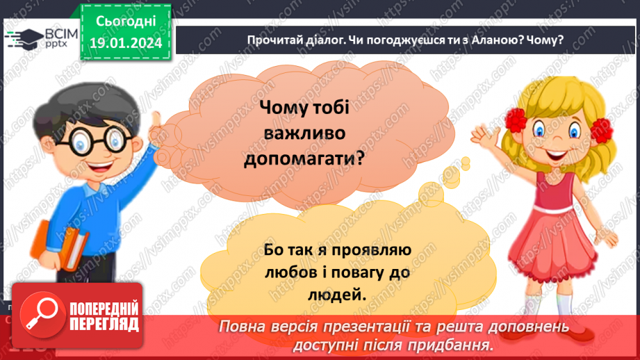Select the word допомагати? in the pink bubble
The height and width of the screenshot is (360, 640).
coord(304,158)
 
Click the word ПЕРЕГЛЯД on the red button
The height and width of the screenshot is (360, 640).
coord(104,324)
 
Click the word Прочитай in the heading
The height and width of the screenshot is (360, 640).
coord(272,40)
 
